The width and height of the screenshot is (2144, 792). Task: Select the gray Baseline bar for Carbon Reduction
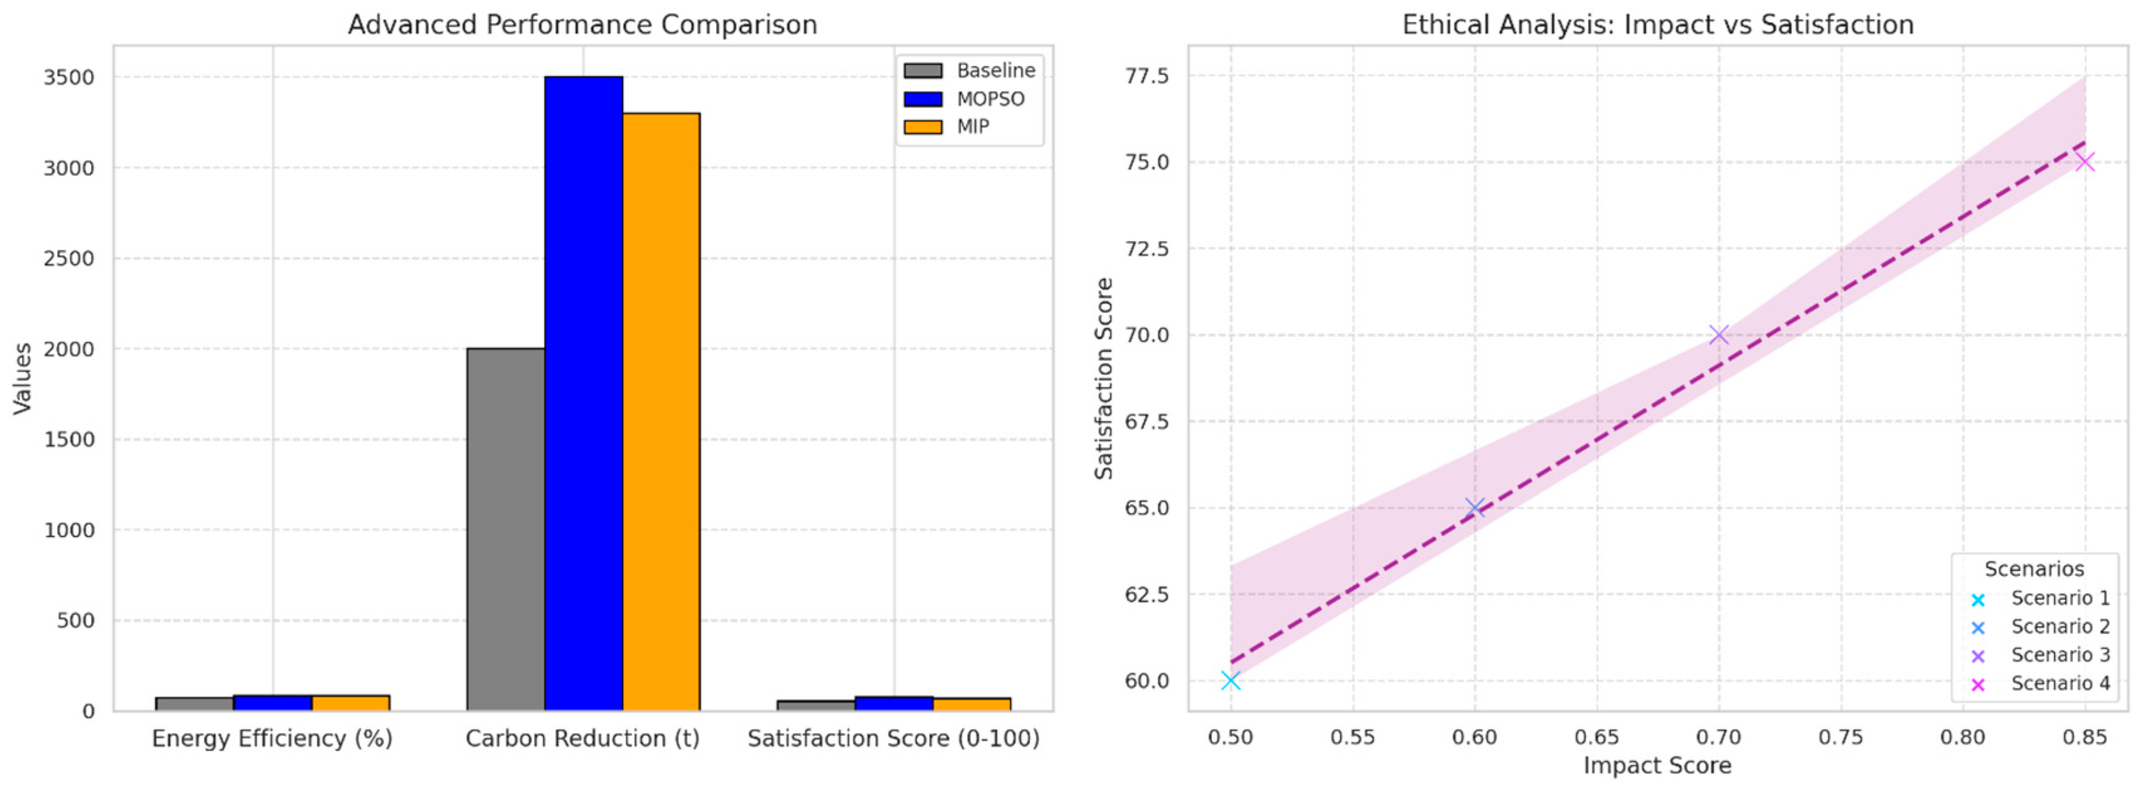pos(505,529)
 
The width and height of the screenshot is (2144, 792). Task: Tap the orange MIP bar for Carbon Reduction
pos(661,411)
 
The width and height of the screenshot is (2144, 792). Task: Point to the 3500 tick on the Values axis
pos(69,77)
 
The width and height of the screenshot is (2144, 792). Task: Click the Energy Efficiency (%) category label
pos(272,739)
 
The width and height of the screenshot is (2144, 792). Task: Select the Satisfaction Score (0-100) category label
pos(893,739)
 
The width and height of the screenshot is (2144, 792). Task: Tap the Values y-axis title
pos(23,379)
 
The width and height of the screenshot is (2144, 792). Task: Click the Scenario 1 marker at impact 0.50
pos(1230,680)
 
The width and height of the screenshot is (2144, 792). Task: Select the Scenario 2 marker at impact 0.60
pos(1474,507)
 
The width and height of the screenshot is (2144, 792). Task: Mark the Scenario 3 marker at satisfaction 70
pos(1718,335)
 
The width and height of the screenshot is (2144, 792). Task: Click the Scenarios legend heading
pos(2034,570)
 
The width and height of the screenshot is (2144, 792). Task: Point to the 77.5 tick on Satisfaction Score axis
pos(1146,77)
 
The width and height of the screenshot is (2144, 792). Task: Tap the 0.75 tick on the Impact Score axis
pos(1840,737)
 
